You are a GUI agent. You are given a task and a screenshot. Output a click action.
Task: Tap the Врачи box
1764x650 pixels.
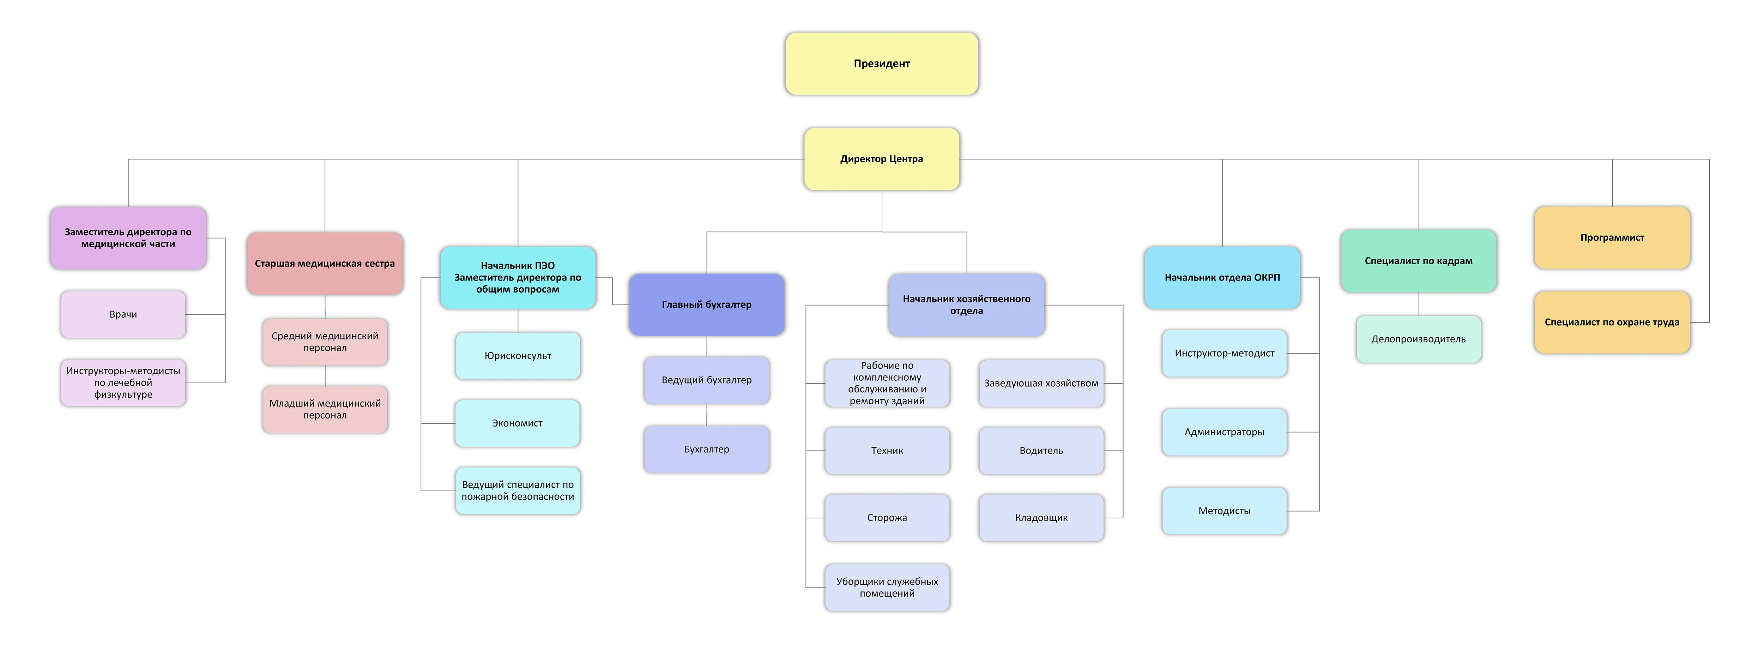(123, 314)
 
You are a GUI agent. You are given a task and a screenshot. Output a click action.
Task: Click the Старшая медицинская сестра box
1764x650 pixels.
(325, 264)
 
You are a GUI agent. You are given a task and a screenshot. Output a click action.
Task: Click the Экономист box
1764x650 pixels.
(518, 423)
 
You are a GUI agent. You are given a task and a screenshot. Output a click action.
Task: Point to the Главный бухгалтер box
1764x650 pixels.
(707, 305)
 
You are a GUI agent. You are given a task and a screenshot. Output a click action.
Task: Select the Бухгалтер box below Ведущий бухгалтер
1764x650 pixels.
(707, 449)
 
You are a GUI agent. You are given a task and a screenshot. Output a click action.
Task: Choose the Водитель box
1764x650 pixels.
(1041, 451)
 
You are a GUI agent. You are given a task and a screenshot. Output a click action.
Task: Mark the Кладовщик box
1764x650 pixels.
(1041, 518)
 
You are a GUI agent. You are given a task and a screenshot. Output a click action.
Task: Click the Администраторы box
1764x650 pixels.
(1224, 432)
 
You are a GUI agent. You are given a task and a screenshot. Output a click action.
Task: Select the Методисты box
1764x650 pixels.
(1224, 511)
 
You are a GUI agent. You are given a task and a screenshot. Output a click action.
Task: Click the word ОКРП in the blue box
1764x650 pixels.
(1267, 277)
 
